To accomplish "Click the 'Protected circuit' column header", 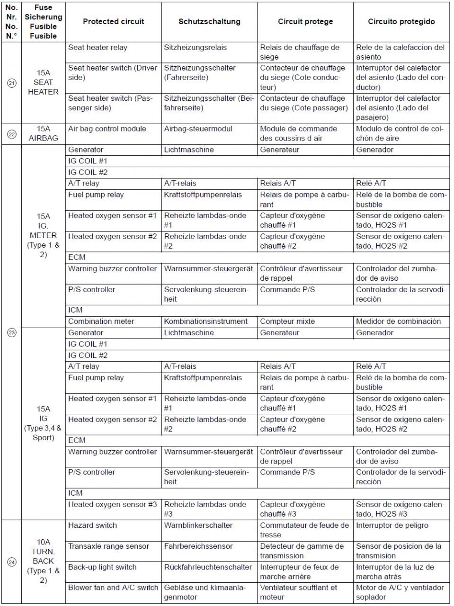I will pos(113,21).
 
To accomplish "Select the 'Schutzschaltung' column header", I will pos(209,21).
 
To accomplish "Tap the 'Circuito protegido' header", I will pos(401,21).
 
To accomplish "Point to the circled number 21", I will pos(11,83).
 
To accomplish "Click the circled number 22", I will pos(11,134).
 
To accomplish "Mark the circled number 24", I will pos(11,562).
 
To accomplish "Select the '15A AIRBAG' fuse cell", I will pos(43,134).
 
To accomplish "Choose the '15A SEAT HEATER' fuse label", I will pos(43,82).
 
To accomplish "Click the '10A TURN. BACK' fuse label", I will pos(43,561).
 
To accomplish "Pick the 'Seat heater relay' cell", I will pos(98,47).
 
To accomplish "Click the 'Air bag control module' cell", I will pos(107,129).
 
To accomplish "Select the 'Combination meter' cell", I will pos(101,321).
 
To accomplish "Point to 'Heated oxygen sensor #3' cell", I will pos(112,505).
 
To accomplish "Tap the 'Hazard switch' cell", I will pos(92,526).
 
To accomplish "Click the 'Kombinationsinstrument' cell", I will pos(205,321).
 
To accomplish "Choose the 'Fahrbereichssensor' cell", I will pos(198,546).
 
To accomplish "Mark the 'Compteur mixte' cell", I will pos(287,321).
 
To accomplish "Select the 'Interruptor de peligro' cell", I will pos(392,526).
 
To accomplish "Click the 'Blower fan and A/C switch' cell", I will pos(113,588).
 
